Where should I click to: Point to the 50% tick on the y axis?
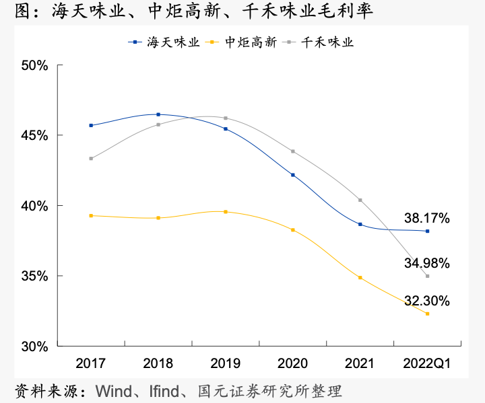[x=34, y=65]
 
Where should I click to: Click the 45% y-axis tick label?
[x=34, y=135]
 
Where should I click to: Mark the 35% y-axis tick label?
[x=34, y=276]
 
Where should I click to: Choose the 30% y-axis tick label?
[x=34, y=346]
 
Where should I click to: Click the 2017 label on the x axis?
[x=90, y=364]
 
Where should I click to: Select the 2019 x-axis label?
[x=225, y=364]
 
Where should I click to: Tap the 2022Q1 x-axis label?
[x=427, y=364]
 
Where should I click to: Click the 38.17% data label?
[x=426, y=218]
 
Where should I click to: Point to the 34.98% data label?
[x=426, y=262]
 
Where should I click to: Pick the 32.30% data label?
[x=426, y=300]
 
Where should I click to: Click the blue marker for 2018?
[x=158, y=114]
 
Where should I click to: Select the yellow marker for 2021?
[x=360, y=277]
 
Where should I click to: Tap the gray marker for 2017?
[x=91, y=159]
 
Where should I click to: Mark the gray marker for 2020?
[x=292, y=151]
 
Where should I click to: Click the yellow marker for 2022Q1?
[x=427, y=314]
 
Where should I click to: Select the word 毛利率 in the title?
[x=350, y=11]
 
